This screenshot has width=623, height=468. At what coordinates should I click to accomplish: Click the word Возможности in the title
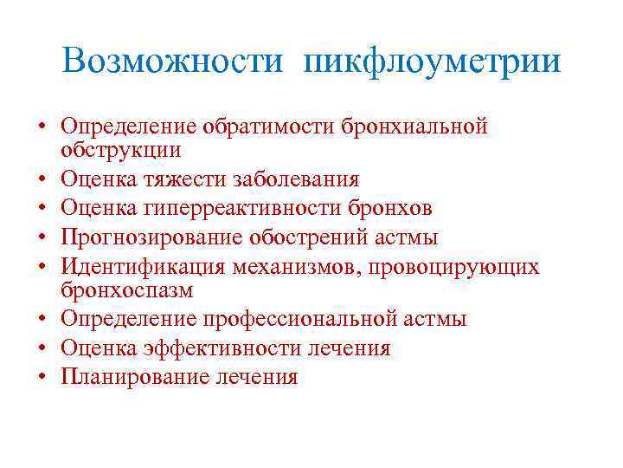[x=171, y=62]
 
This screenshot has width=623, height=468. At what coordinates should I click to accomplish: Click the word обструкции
[x=121, y=149]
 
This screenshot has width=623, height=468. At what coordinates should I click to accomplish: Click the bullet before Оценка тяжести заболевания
[x=42, y=180]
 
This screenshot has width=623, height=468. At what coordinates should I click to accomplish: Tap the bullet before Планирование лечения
[x=42, y=378]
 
